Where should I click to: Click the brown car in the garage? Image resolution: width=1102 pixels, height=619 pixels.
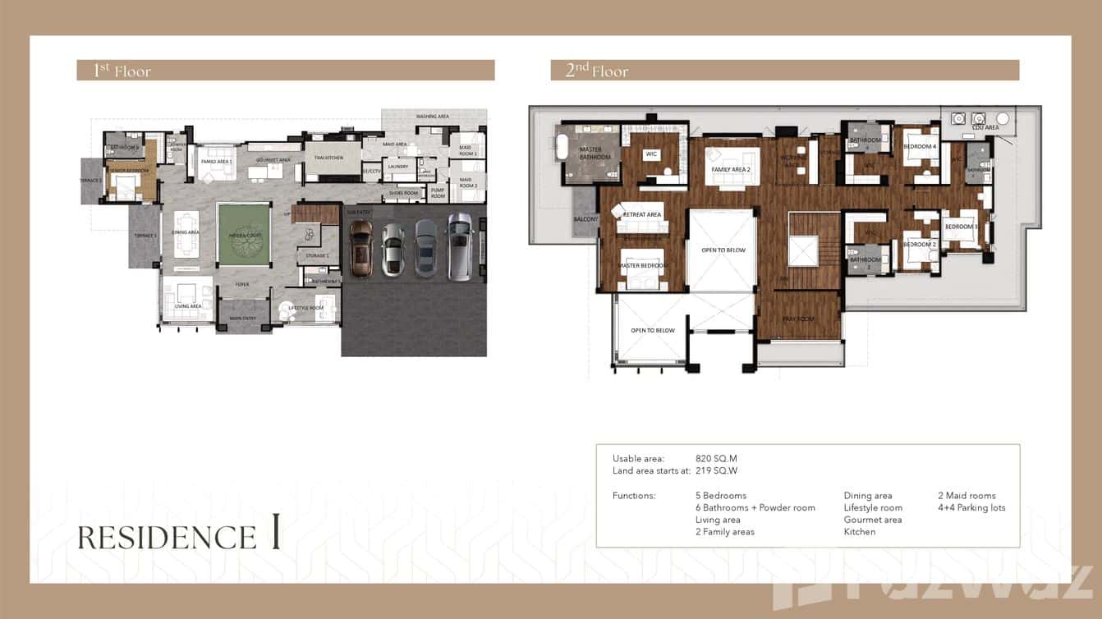click(x=360, y=249)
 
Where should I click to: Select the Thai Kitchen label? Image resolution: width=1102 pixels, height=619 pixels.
click(x=328, y=158)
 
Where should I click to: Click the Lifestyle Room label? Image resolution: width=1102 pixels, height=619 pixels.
click(x=305, y=308)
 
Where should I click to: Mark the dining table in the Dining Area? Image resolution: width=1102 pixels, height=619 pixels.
click(x=186, y=234)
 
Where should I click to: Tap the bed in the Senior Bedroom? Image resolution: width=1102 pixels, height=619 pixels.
click(x=124, y=189)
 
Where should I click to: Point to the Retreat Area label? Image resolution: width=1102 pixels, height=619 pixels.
click(x=642, y=214)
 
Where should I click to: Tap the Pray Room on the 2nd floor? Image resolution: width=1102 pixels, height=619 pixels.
click(x=797, y=318)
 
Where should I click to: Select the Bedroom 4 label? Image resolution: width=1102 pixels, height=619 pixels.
click(x=920, y=146)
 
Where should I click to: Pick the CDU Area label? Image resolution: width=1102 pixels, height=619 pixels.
click(x=985, y=128)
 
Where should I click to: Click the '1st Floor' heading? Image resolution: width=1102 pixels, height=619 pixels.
click(x=122, y=71)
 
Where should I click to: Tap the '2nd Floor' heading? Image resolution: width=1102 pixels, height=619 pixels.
click(x=597, y=71)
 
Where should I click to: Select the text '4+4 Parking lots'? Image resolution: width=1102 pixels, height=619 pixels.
click(x=971, y=507)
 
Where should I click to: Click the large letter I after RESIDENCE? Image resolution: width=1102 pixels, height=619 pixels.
click(x=275, y=534)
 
